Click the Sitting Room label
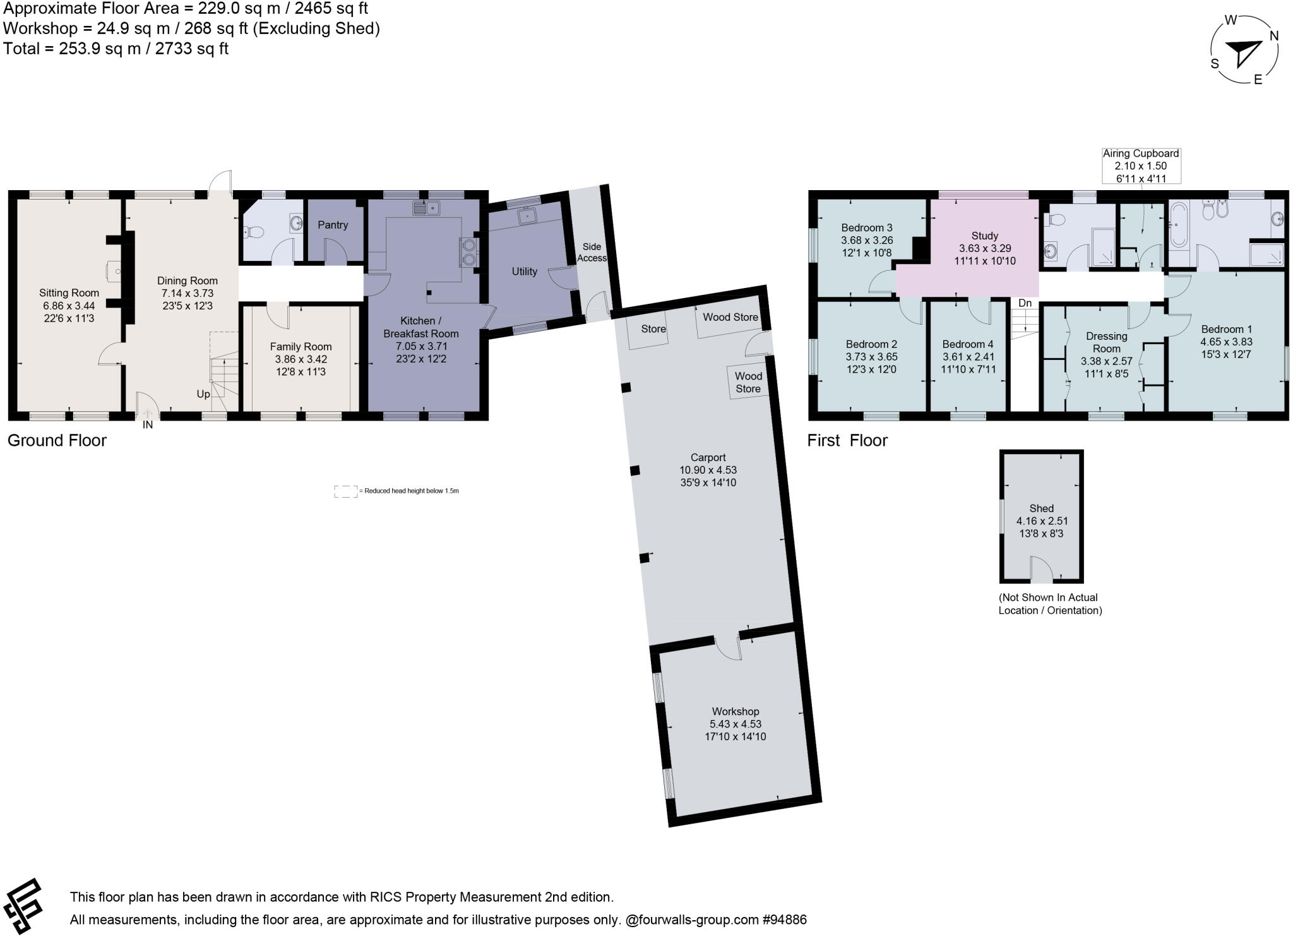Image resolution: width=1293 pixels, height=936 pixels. [x=69, y=292]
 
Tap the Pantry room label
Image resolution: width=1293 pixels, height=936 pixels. [x=333, y=225]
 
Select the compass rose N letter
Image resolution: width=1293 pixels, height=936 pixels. [x=1273, y=36]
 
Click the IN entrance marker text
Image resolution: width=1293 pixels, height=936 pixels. [x=148, y=425]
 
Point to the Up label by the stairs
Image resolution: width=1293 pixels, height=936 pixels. [x=203, y=394]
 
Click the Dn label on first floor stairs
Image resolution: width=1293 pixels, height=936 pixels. [x=1025, y=303]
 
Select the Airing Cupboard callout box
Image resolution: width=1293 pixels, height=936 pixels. [x=1140, y=165]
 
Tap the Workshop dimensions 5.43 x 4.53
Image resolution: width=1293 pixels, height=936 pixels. [x=735, y=724]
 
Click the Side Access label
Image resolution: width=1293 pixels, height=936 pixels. [x=592, y=252]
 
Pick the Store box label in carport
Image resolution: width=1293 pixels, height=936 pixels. [x=653, y=329]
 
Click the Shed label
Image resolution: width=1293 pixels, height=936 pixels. [x=1041, y=508]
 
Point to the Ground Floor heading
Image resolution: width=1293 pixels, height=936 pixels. [x=57, y=440]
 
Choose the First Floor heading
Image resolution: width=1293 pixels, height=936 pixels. [x=847, y=440]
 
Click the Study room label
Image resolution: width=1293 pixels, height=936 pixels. [x=985, y=236]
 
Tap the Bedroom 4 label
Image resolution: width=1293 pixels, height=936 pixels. [x=967, y=344]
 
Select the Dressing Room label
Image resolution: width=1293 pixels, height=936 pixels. [x=1106, y=342]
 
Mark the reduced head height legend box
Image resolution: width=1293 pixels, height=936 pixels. [x=345, y=491]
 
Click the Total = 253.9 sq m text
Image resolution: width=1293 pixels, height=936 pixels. [x=116, y=49]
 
